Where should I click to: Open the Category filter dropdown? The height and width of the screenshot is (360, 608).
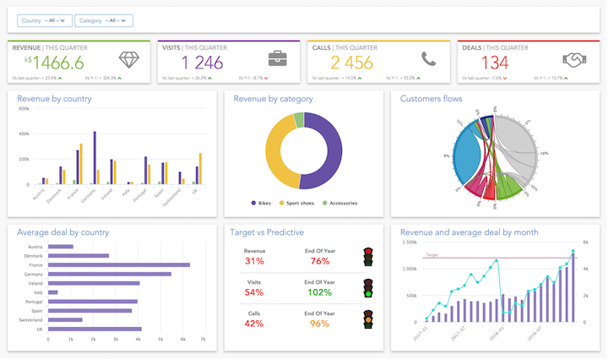(x=103, y=20)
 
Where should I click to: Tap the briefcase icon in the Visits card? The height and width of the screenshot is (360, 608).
(x=278, y=59)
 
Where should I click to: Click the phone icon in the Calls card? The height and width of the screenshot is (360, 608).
(x=428, y=59)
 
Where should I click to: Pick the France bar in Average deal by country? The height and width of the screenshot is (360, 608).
(x=118, y=265)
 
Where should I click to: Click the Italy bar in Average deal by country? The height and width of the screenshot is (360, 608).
(x=53, y=292)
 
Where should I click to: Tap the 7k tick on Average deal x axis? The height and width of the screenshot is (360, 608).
(x=203, y=339)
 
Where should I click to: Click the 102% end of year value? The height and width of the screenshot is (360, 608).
(x=320, y=292)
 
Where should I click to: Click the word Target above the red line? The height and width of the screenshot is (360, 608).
(x=432, y=254)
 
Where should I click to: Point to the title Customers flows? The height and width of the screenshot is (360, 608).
(x=434, y=99)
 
